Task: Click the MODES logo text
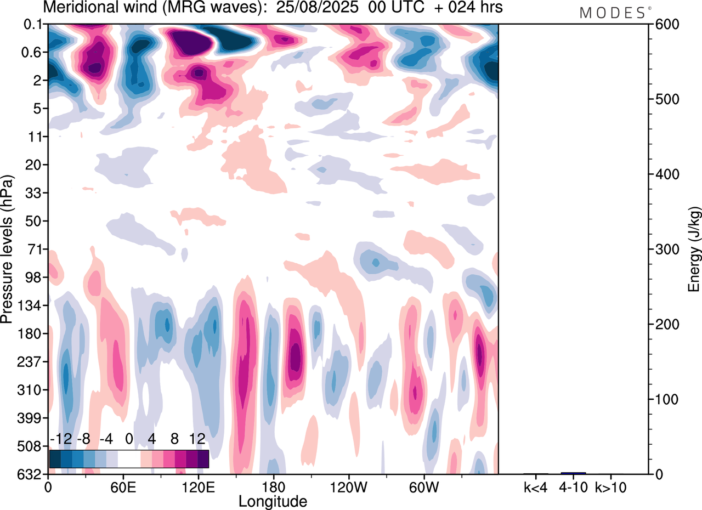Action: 612,13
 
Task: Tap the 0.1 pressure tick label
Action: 35,24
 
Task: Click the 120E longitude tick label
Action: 199,486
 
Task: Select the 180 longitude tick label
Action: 273,486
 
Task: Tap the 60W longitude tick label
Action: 423,486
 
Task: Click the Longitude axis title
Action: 273,501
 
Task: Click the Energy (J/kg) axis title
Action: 694,249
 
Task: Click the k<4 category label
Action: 535,486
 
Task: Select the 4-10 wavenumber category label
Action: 574,486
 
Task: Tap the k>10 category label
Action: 612,486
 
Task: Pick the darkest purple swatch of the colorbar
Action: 203,459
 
